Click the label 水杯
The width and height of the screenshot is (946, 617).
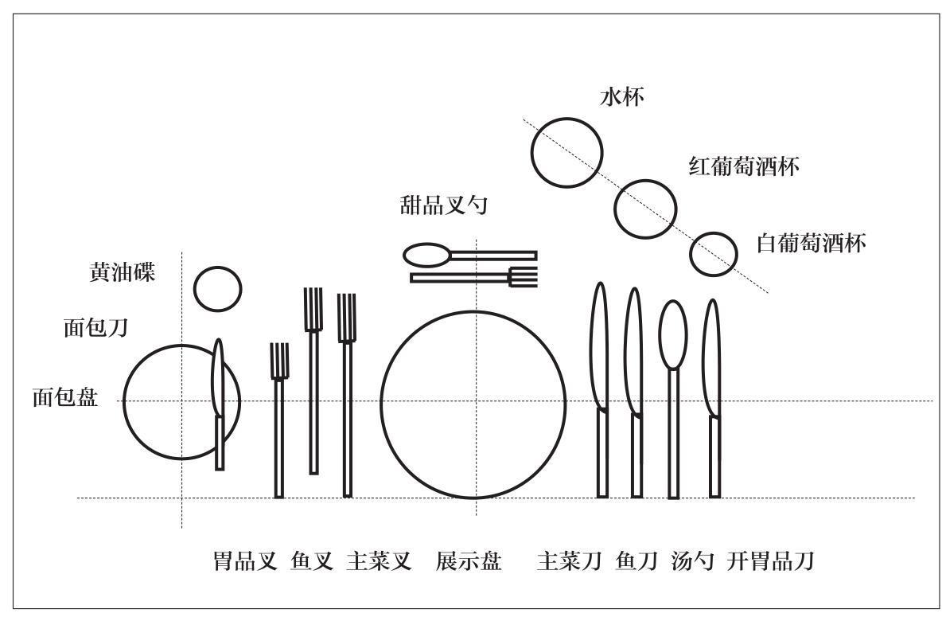621,98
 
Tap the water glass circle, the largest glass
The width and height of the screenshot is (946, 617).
566,152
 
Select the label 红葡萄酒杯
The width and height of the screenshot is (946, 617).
743,166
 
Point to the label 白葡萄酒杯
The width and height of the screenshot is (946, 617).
811,243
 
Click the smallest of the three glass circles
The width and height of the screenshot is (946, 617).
711,254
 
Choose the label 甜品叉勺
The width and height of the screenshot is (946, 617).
443,206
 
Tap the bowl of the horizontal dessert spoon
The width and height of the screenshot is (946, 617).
426,256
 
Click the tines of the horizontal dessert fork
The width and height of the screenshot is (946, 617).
524,277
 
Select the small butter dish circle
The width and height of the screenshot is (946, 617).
217,288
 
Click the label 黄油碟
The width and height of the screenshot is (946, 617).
122,272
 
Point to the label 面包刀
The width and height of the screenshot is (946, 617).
95,327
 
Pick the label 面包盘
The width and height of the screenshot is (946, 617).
65,397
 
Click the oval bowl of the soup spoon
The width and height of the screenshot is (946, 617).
673,334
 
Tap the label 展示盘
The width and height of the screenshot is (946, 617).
469,561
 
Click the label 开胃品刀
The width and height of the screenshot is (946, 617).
769,561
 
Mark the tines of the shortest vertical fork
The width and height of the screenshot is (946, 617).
278,361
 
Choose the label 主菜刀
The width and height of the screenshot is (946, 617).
569,561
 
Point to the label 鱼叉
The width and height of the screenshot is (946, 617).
311,561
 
